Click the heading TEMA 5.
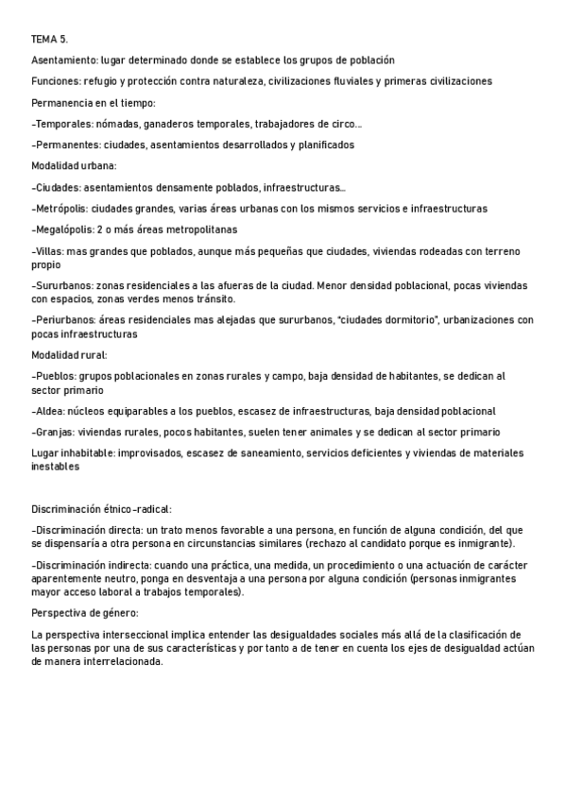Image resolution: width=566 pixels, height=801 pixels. coord(49,39)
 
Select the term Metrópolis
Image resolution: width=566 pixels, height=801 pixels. coord(62,208)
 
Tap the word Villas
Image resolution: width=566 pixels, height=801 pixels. coord(49,251)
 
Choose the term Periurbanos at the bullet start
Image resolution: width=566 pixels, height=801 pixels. coord(66,320)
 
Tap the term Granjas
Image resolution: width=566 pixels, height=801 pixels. coord(56,432)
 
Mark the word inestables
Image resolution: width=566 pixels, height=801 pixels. coord(56,466)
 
